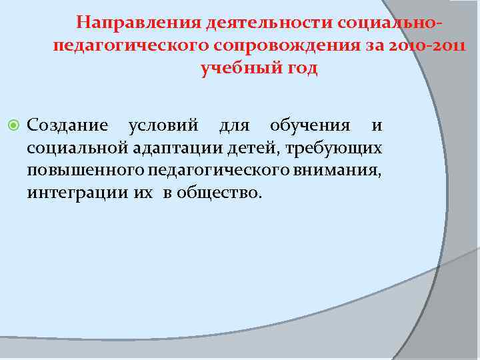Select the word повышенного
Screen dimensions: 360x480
[x=79, y=170]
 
